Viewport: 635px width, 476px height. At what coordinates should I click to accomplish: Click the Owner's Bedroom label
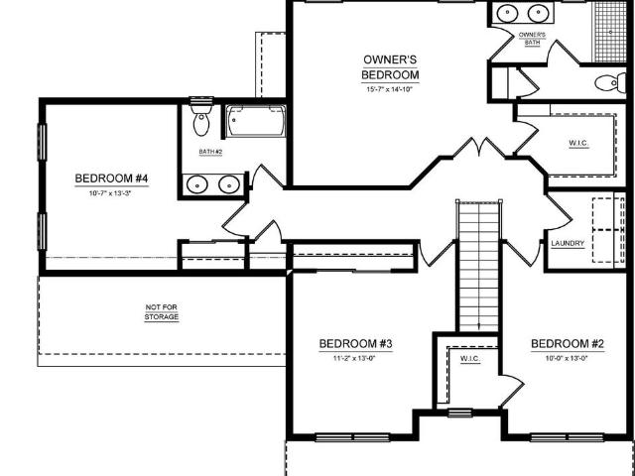click(x=390, y=67)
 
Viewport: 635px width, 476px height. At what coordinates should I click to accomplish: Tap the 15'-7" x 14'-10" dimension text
click(x=389, y=90)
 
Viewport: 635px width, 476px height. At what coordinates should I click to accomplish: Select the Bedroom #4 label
click(x=110, y=178)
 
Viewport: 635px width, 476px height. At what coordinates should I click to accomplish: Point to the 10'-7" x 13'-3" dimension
click(x=110, y=193)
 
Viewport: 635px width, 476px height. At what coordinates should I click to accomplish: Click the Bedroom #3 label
click(x=355, y=344)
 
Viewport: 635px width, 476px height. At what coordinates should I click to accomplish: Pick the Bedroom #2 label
click(x=568, y=344)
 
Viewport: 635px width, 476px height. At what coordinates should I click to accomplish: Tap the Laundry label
click(x=568, y=244)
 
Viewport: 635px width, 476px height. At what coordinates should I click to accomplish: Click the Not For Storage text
click(x=162, y=312)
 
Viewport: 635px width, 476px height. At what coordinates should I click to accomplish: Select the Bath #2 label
click(x=210, y=152)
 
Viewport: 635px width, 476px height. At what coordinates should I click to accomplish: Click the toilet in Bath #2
click(x=200, y=119)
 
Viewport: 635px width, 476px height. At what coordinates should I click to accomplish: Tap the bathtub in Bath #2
click(x=255, y=121)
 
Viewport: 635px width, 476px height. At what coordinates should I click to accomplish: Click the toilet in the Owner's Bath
click(x=611, y=83)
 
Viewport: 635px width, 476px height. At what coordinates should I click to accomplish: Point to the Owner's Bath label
click(x=532, y=39)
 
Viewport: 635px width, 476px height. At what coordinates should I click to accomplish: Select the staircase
click(x=478, y=266)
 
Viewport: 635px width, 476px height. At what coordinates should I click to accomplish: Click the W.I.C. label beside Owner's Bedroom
click(x=578, y=143)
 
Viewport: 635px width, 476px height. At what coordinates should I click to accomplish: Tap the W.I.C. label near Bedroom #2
click(x=470, y=359)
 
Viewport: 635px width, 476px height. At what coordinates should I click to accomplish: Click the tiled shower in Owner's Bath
click(x=610, y=32)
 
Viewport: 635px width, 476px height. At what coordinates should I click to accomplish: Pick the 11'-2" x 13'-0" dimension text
click(x=354, y=358)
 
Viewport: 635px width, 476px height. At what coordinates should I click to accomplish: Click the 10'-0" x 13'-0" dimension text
click(x=567, y=358)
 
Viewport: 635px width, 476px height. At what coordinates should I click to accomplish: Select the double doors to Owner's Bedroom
click(x=479, y=148)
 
